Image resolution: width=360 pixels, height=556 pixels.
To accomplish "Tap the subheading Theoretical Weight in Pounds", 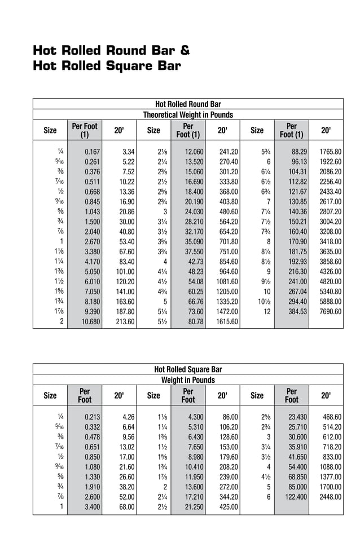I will [188, 114].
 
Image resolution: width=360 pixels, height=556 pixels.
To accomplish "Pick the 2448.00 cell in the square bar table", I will [331, 497].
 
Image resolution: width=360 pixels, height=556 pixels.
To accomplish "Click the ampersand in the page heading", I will [185, 51].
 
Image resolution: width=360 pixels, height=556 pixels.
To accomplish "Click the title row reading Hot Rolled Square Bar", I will [188, 369].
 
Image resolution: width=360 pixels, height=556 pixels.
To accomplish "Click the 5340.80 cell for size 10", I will [331, 291].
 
